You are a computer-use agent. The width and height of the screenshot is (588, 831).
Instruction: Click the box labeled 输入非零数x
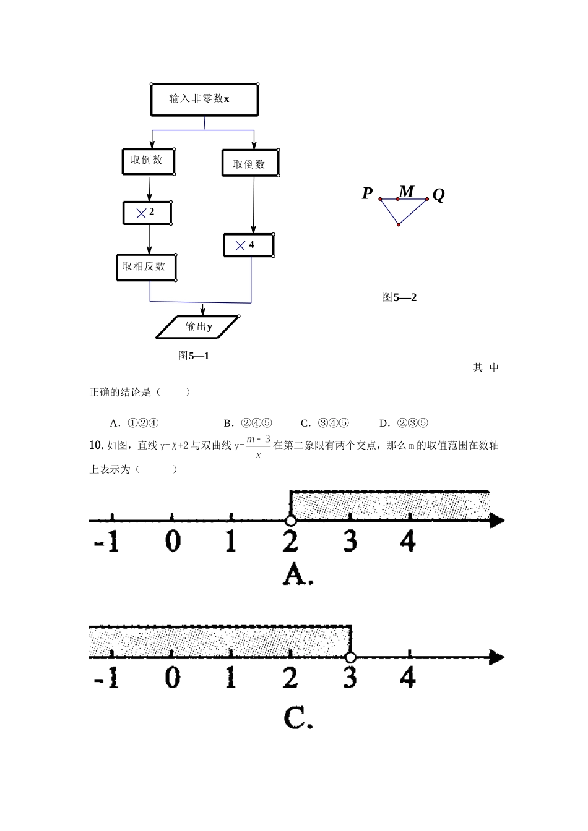pyautogui.click(x=204, y=100)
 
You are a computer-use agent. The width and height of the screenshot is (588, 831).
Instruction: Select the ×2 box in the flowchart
pyautogui.click(x=147, y=213)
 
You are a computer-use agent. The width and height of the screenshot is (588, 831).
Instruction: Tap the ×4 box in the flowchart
pyautogui.click(x=248, y=245)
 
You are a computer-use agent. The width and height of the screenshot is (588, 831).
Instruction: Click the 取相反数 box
pyautogui.click(x=146, y=267)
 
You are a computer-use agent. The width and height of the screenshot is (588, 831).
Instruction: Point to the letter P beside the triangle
pyautogui.click(x=367, y=194)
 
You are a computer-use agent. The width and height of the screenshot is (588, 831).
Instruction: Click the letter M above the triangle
pyautogui.click(x=407, y=191)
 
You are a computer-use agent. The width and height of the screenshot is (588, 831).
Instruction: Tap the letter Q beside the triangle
pyautogui.click(x=438, y=195)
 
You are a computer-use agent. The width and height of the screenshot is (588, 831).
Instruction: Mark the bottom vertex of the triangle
pyautogui.click(x=399, y=224)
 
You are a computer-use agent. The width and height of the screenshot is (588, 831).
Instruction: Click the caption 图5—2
pyautogui.click(x=399, y=297)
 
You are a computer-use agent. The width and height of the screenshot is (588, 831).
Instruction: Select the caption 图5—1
pyautogui.click(x=194, y=356)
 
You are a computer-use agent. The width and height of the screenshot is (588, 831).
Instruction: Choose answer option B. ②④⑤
pyautogui.click(x=248, y=424)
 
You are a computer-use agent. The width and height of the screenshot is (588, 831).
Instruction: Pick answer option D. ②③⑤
pyautogui.click(x=404, y=424)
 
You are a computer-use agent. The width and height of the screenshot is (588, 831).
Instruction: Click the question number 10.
pyautogui.click(x=95, y=445)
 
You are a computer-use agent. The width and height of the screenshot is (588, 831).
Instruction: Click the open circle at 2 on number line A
pyautogui.click(x=290, y=521)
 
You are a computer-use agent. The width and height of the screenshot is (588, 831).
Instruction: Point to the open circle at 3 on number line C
pyautogui.click(x=350, y=657)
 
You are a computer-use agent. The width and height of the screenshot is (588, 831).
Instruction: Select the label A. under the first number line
pyautogui.click(x=298, y=576)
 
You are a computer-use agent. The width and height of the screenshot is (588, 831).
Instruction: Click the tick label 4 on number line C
pyautogui.click(x=408, y=678)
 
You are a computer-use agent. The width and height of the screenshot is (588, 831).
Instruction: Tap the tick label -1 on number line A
pyautogui.click(x=106, y=542)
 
